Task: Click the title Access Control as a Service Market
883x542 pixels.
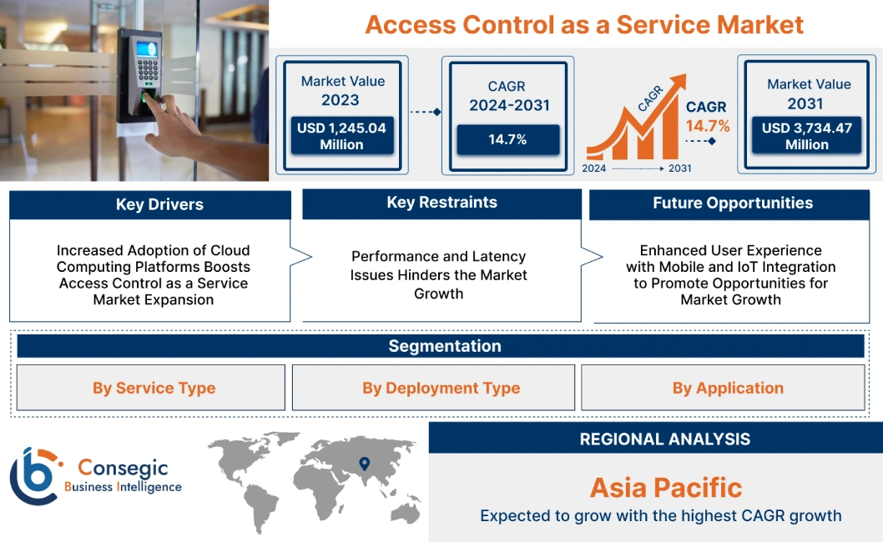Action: tap(584, 24)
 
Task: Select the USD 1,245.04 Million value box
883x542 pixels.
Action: tap(341, 136)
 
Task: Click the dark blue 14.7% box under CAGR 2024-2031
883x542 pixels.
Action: tap(507, 139)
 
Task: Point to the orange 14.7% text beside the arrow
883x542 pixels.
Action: tap(708, 126)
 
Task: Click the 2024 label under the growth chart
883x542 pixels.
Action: tap(593, 168)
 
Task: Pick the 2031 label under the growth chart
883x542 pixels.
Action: tap(679, 168)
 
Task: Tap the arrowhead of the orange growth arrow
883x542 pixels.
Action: tap(678, 81)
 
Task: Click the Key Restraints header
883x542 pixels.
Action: tap(441, 203)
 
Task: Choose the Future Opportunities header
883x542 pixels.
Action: tap(732, 203)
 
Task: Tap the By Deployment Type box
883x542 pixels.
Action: tap(441, 388)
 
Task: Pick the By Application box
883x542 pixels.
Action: tap(727, 388)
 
